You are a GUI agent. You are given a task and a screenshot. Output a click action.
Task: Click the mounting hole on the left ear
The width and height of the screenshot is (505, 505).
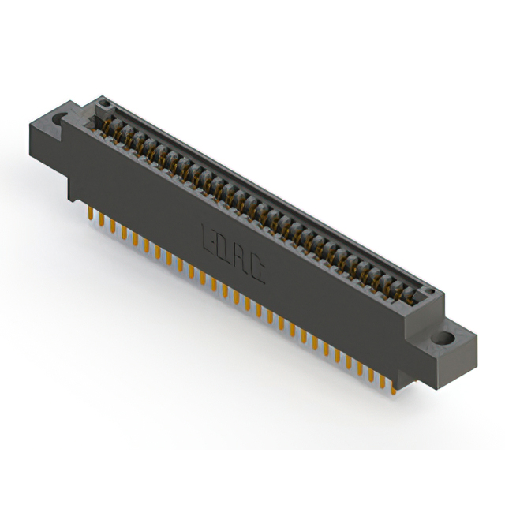(x=58, y=120)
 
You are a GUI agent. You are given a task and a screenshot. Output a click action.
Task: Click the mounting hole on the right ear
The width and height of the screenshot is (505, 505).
(x=446, y=339)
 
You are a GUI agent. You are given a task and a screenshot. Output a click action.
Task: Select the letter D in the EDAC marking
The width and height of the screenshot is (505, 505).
(x=226, y=247)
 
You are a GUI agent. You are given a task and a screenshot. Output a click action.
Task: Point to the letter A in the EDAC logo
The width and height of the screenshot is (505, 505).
(x=242, y=258)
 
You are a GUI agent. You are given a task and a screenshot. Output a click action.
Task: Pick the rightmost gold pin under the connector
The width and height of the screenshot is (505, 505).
(x=392, y=384)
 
